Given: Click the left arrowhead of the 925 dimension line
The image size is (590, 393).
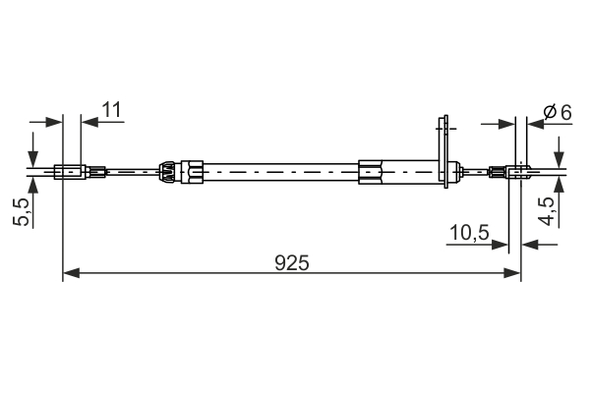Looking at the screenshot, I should click(70, 275).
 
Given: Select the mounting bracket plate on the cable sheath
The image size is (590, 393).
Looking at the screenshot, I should click(444, 147).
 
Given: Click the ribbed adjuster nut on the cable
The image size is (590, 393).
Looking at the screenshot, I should click(168, 172).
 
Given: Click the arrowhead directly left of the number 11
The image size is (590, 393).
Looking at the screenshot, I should click(89, 122).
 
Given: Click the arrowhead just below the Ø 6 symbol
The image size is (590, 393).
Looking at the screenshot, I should click(531, 124).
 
